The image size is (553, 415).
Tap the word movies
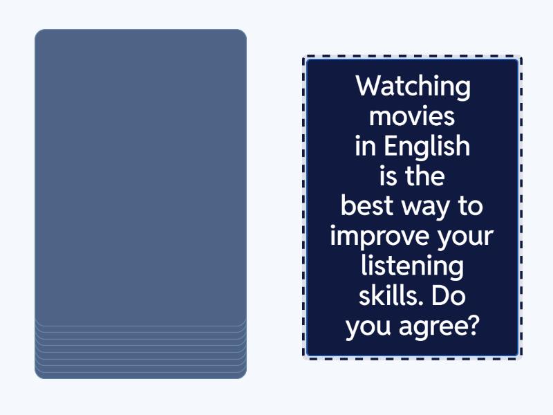point(412,116)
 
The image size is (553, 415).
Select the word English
point(427,146)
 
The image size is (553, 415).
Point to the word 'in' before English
point(365,146)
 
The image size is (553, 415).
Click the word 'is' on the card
point(388,176)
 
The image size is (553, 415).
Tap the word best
point(367,205)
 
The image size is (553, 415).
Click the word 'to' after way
point(471,206)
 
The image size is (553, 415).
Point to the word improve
point(379,237)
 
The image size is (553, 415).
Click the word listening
point(412,267)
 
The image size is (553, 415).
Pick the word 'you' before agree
point(368,327)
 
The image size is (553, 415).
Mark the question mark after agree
point(475,325)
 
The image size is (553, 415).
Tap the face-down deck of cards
point(140,204)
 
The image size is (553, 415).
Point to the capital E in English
point(391,146)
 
